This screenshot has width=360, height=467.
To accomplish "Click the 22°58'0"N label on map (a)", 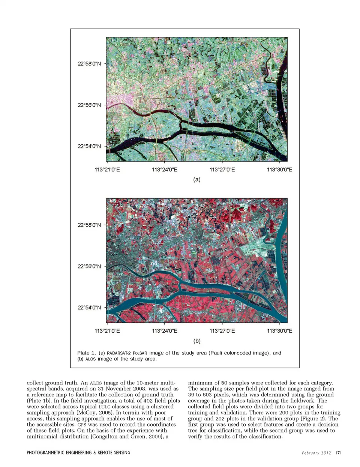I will pos(89,64).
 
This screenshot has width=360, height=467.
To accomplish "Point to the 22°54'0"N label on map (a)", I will pos(89,146).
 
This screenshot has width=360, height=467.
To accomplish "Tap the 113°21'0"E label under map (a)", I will pos(107,170).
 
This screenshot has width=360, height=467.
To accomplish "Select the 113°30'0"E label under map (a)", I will pos(280,170).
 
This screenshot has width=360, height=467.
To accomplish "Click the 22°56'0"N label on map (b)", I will pos(89,266).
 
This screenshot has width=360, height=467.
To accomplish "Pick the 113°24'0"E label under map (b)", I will pos(165,331).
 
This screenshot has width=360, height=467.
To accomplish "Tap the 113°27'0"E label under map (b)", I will pos(222,331).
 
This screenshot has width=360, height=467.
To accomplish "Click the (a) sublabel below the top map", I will pos(197,180).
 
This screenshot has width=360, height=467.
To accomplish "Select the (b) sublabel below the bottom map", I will pos(197,341).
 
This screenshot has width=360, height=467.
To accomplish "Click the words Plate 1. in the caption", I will pos(86,353).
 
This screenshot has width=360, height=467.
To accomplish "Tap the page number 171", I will pos(339,453).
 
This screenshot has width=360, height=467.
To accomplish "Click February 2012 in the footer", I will pos(316,453).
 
